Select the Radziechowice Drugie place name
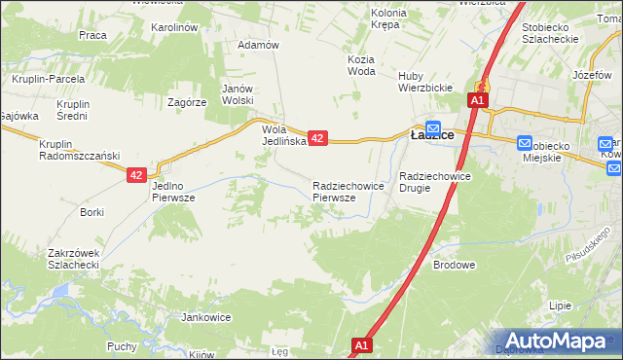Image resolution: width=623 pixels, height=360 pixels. [x=435, y=182]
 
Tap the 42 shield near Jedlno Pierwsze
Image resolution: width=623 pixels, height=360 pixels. [x=136, y=175]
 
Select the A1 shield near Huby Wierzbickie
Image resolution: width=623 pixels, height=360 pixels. [x=477, y=100]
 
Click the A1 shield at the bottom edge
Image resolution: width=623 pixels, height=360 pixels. [x=361, y=345]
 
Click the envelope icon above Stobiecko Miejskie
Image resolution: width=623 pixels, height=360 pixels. [x=526, y=142]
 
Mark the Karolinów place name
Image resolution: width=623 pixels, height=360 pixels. [x=175, y=27]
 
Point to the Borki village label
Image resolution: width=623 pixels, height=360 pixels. [x=92, y=211]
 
